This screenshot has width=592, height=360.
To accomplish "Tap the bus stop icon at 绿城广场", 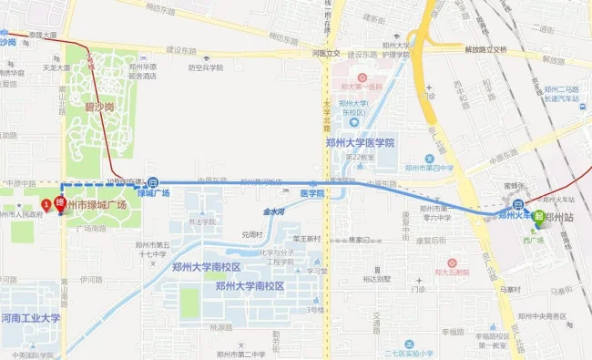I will [153, 181].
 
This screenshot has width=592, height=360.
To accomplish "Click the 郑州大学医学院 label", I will [360, 143].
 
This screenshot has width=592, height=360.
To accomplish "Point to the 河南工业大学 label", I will [30, 318].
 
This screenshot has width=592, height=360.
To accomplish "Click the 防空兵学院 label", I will [206, 67].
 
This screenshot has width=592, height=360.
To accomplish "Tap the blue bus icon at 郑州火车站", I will [517, 204].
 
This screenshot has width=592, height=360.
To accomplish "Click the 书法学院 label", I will [203, 221].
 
